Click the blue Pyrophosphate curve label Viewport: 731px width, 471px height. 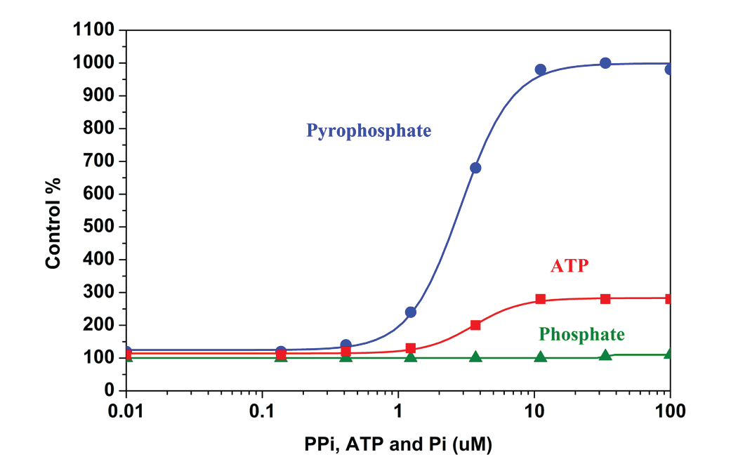(369, 131)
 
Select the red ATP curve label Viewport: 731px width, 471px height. (568, 266)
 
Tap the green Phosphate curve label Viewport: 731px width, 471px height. (581, 333)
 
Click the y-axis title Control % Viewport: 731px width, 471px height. (53, 223)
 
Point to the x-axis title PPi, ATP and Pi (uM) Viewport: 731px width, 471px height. (398, 444)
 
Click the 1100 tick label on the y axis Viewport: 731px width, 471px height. (95, 30)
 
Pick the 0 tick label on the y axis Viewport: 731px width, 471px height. (109, 390)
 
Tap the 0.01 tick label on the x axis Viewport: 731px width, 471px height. (126, 409)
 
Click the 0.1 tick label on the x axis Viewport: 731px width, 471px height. (262, 409)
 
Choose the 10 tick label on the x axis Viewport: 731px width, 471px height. (534, 409)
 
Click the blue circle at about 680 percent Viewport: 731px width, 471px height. (475, 168)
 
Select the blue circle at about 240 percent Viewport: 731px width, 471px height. (411, 312)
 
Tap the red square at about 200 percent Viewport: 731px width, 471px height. (475, 325)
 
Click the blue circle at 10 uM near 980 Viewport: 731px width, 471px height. (541, 69)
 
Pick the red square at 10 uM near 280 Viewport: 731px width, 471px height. (541, 299)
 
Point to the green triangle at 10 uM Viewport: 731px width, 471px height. (541, 357)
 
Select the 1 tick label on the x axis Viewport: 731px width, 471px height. (398, 409)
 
